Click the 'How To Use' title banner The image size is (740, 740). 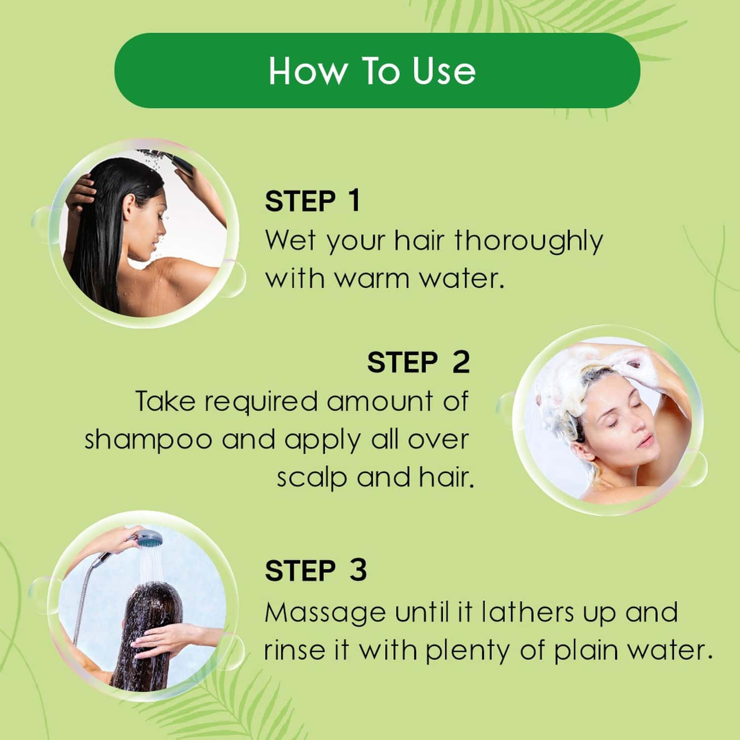pos(377,71)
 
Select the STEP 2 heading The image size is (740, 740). pos(418,363)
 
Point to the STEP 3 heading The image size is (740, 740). pos(315,571)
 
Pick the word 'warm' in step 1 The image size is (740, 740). pos(373,279)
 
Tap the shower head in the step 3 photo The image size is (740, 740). pos(149,538)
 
